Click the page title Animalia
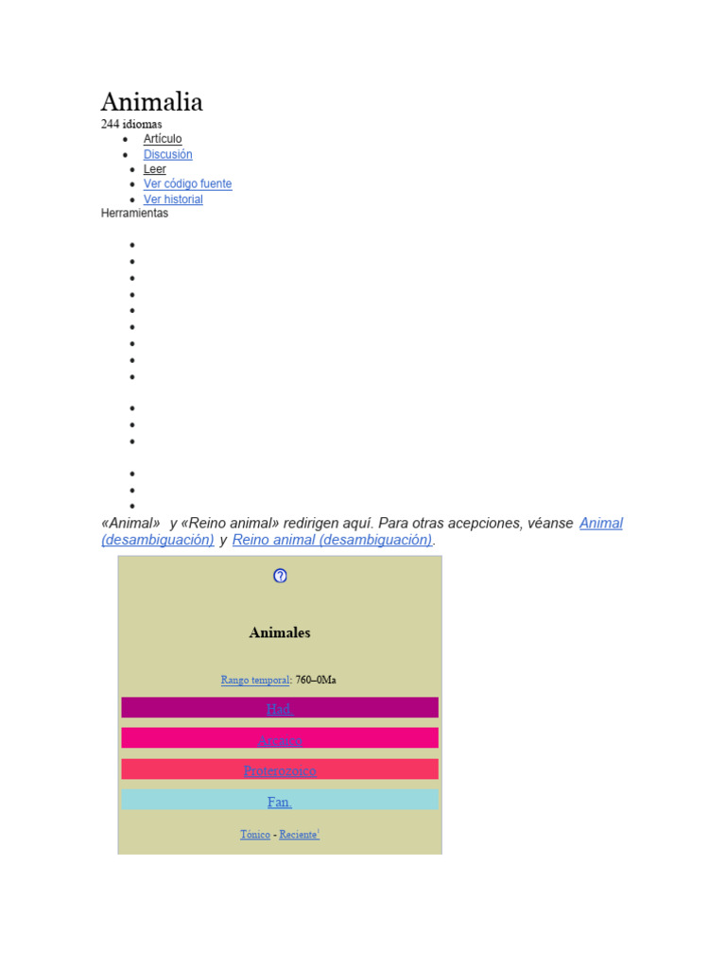[x=152, y=102]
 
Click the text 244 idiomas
[x=131, y=124]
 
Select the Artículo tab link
[x=163, y=139]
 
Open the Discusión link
[x=167, y=154]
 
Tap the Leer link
[x=155, y=169]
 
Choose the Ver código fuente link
[x=187, y=184]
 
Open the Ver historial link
[x=173, y=199]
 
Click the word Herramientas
[x=134, y=214]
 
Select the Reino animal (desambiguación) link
[x=332, y=540]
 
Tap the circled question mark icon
[x=280, y=576]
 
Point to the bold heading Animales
[x=280, y=632]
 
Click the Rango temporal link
[x=255, y=680]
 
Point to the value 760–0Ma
[x=316, y=680]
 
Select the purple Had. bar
[x=280, y=708]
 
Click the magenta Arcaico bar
[x=280, y=739]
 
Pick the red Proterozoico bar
[x=280, y=770]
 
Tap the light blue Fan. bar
[x=280, y=802]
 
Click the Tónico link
[x=255, y=835]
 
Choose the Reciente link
[x=298, y=835]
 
